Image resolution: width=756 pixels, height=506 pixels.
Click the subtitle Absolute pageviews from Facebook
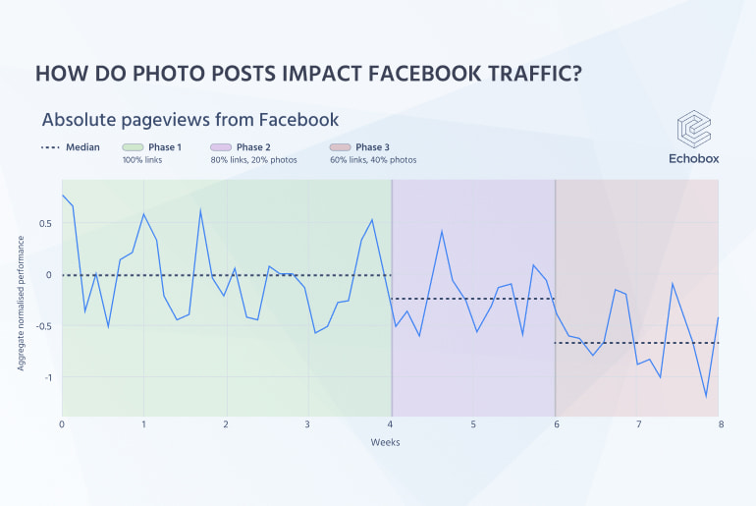pyautogui.click(x=189, y=120)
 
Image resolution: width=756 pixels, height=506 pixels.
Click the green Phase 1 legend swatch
pyautogui.click(x=132, y=147)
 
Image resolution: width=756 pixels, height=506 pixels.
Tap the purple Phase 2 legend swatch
pyautogui.click(x=220, y=147)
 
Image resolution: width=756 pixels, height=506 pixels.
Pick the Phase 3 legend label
pyautogui.click(x=372, y=147)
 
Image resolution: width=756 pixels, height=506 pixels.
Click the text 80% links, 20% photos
pyautogui.click(x=253, y=160)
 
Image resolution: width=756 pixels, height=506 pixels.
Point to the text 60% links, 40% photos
pyautogui.click(x=373, y=160)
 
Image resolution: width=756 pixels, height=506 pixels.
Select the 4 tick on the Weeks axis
pyautogui.click(x=391, y=424)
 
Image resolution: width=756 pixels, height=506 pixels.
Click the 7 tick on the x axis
pyautogui.click(x=637, y=424)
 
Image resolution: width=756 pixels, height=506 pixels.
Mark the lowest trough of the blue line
pyautogui.click(x=706, y=397)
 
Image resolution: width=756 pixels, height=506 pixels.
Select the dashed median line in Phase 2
pyautogui.click(x=471, y=299)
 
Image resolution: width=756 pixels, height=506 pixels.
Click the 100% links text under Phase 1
pyautogui.click(x=141, y=160)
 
